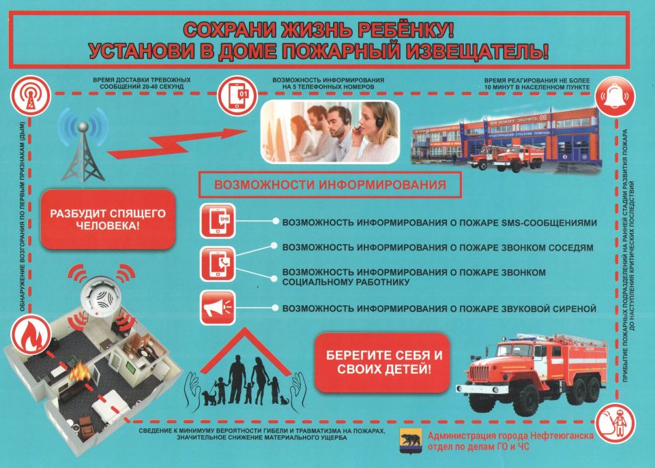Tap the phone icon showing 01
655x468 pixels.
pyautogui.click(x=235, y=95)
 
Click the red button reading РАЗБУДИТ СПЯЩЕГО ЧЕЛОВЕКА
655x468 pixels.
pyautogui.click(x=108, y=219)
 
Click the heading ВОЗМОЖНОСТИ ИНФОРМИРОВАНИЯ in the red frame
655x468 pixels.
pyautogui.click(x=330, y=185)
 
